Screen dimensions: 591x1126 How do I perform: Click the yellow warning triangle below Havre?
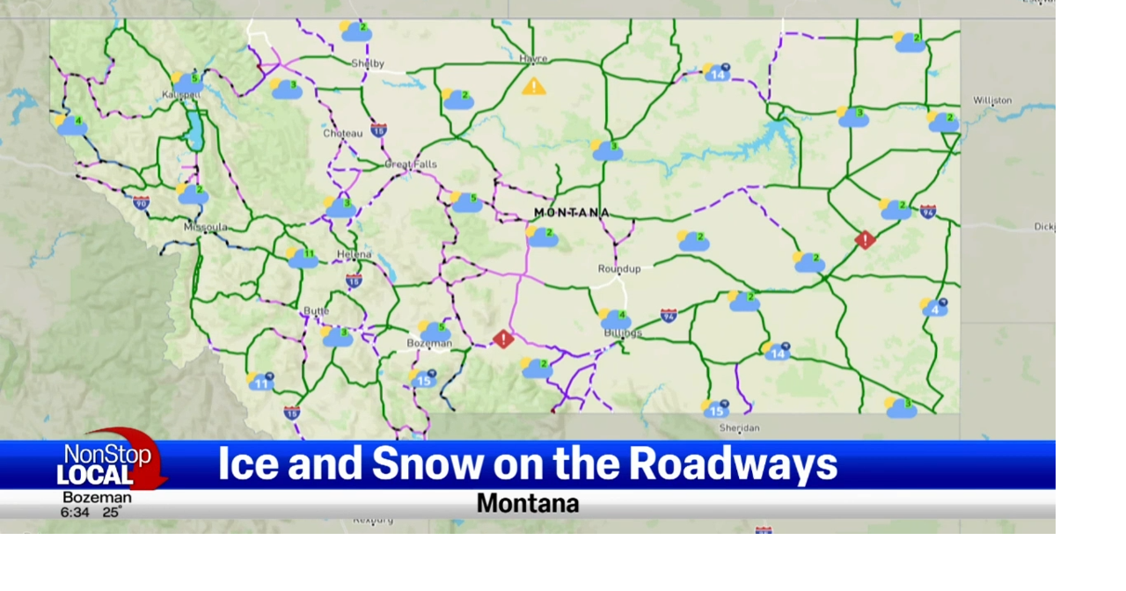[x=533, y=86]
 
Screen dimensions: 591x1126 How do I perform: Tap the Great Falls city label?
[x=411, y=164]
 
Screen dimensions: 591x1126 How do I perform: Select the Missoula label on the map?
[x=205, y=227]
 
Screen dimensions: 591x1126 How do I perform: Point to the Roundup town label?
[x=619, y=268]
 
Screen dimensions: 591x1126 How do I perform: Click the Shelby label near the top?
[x=368, y=63]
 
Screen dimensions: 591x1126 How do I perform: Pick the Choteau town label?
[x=342, y=134]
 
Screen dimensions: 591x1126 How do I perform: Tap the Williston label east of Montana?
[x=992, y=100]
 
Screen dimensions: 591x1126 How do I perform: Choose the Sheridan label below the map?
[x=739, y=428]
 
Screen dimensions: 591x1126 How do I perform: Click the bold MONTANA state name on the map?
[x=572, y=213]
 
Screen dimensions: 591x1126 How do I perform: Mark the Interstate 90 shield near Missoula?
[x=141, y=202]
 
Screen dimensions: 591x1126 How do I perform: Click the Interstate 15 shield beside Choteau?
[x=378, y=130]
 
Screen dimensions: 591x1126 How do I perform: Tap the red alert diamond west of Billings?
[x=502, y=339]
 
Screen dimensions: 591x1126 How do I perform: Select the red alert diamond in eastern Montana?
[x=865, y=239]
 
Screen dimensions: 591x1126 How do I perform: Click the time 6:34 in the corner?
[x=75, y=513]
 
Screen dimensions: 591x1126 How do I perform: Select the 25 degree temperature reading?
[x=111, y=513]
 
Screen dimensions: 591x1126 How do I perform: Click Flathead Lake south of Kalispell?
[x=194, y=129]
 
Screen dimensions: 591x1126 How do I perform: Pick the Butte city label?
[x=316, y=310]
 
